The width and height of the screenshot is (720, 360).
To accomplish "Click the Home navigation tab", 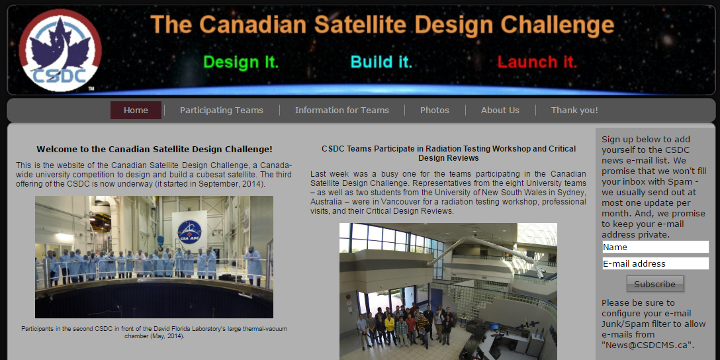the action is pyautogui.click(x=136, y=111).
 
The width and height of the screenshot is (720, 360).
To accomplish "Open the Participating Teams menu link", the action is pyautogui.click(x=221, y=111).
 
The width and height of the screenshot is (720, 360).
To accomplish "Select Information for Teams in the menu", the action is pyautogui.click(x=341, y=111).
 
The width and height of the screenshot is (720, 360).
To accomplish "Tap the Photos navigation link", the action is pyautogui.click(x=434, y=111).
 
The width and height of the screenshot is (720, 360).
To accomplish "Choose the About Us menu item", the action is pyautogui.click(x=500, y=111).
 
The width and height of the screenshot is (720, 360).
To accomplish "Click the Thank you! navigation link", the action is pyautogui.click(x=574, y=111).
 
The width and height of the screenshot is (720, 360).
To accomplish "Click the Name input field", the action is pyautogui.click(x=655, y=247).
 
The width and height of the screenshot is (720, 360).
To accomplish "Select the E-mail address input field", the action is pyautogui.click(x=655, y=263).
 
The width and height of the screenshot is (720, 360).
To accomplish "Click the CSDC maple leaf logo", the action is pyautogui.click(x=60, y=50).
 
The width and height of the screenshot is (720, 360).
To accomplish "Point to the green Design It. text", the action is pyautogui.click(x=241, y=62).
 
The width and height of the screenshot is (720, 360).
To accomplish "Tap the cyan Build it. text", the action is pyautogui.click(x=381, y=62).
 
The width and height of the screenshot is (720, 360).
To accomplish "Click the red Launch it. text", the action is pyautogui.click(x=537, y=62).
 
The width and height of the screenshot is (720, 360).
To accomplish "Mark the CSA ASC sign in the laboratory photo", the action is pyautogui.click(x=189, y=231).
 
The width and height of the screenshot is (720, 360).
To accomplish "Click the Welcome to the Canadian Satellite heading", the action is pyautogui.click(x=154, y=150).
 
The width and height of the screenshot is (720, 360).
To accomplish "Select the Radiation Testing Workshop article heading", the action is pyautogui.click(x=449, y=154).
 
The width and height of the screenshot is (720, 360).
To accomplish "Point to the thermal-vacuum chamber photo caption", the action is pyautogui.click(x=154, y=332).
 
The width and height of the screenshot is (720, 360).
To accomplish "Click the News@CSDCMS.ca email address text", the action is pyautogui.click(x=648, y=345).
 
